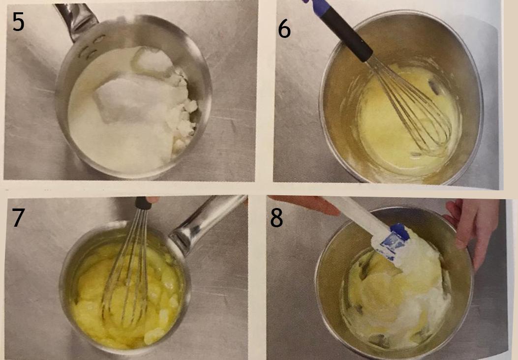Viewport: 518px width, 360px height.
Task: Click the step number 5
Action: click(18, 22)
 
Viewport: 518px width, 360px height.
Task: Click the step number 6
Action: click(284, 29)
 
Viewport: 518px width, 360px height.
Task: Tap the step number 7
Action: click(18, 217)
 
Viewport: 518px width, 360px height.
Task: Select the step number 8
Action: click(276, 218)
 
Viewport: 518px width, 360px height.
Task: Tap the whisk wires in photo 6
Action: click(410, 105)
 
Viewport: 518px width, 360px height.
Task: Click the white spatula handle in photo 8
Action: click(357, 213)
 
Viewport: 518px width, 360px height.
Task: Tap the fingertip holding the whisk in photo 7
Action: click(152, 199)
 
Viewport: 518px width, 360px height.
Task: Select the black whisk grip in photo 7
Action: click(142, 203)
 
